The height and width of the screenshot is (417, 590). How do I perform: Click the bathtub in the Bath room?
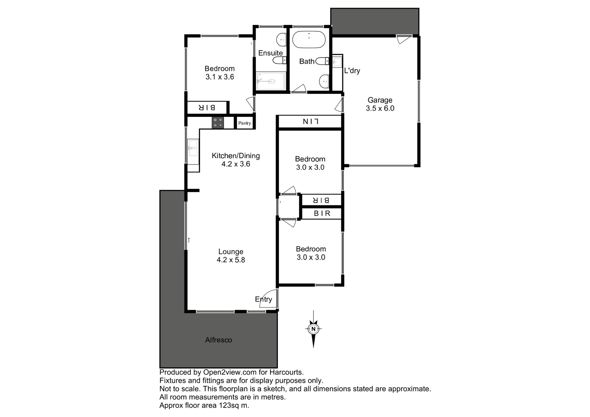(309, 39)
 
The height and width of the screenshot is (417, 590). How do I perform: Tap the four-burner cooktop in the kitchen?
(218, 123)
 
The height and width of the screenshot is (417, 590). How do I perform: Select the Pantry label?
(245, 123)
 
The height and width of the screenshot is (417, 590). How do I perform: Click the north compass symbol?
(313, 329)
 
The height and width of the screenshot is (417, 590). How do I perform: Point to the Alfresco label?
(218, 340)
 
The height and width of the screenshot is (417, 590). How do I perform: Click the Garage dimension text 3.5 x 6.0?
(380, 108)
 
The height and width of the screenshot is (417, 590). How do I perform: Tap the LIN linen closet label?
(310, 122)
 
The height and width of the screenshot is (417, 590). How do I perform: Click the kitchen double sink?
(193, 148)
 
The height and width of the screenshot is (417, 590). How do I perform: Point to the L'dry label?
(352, 71)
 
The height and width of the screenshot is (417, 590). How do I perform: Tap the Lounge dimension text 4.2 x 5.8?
(231, 260)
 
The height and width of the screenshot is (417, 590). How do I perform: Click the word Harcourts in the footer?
(287, 372)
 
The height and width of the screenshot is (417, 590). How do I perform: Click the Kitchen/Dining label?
(236, 156)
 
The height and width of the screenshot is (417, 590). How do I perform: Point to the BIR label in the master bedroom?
(207, 107)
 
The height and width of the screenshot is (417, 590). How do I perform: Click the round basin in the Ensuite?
(281, 40)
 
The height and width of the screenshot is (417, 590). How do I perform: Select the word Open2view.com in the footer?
(230, 372)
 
